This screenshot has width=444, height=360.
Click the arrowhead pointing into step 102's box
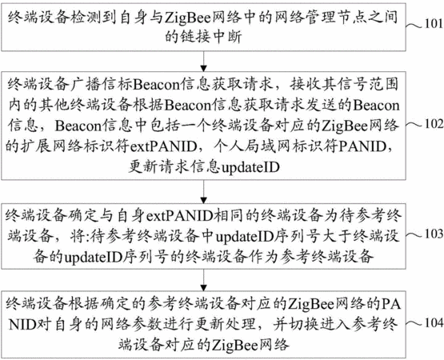coord(203,68)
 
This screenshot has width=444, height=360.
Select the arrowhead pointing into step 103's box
coord(203,200)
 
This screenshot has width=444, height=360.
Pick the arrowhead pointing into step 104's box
coord(203,287)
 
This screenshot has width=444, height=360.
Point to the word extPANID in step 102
coord(163,146)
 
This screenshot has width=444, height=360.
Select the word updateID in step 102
coord(250,167)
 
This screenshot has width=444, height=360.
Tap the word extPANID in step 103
coord(179,216)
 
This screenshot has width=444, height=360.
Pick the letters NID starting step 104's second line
coord(22,325)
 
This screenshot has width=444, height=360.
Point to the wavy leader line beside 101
coord(414,26)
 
